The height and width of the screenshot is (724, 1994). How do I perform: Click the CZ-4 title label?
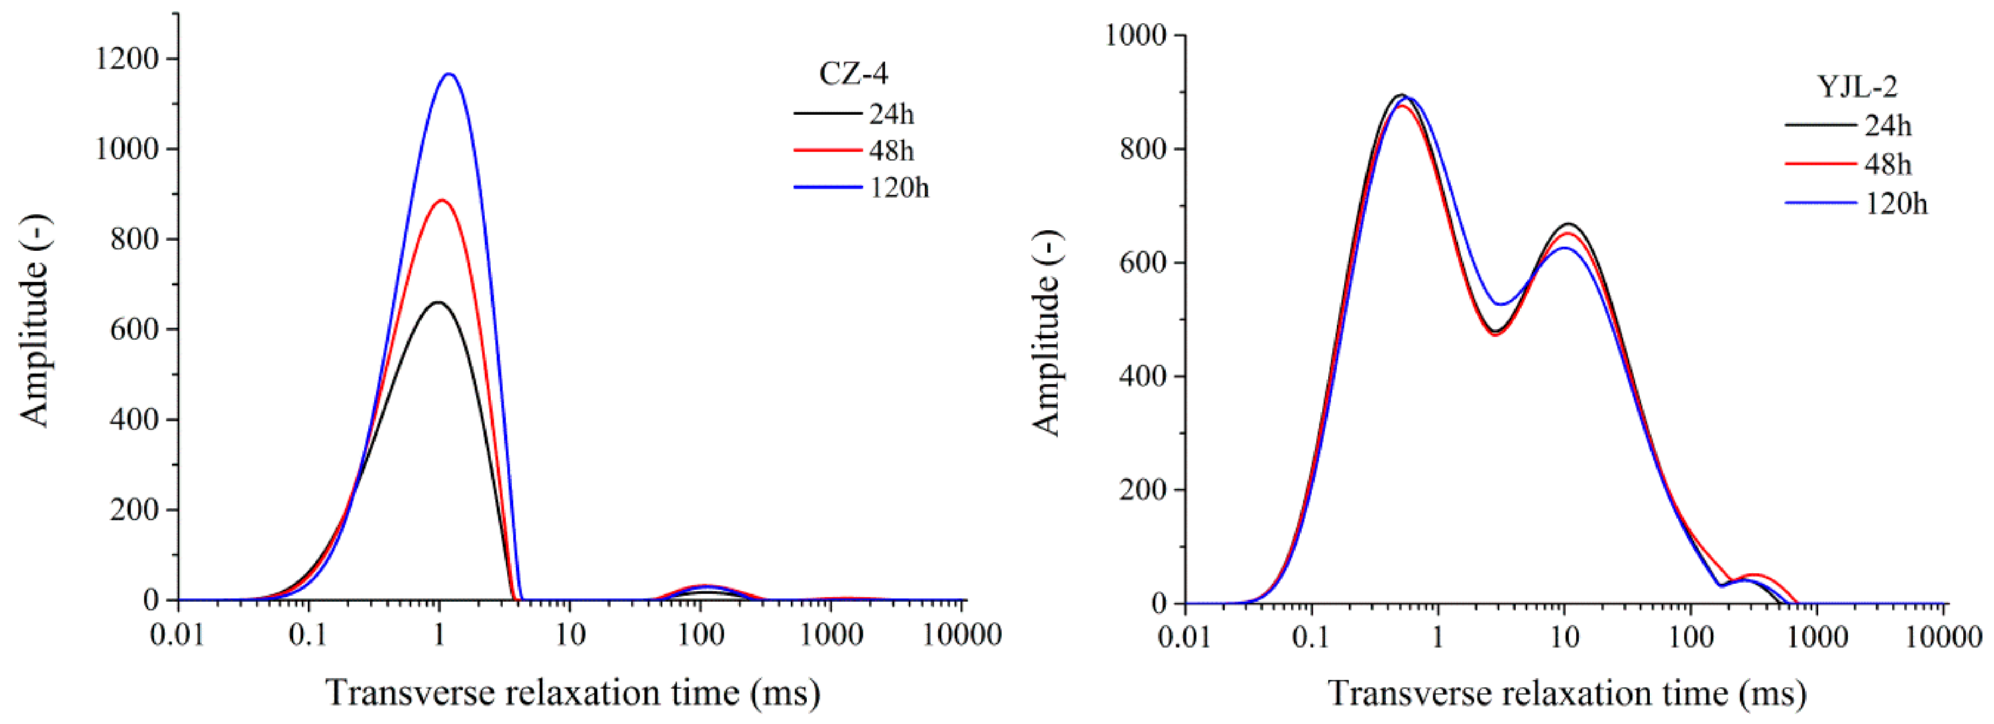click(x=853, y=74)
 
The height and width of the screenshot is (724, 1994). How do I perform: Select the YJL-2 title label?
click(x=1856, y=87)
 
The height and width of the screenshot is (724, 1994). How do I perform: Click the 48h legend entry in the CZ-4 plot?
click(x=890, y=151)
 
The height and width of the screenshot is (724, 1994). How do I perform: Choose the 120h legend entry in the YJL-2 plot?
click(x=1895, y=204)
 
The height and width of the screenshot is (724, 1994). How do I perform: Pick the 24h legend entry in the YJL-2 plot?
click(x=1887, y=125)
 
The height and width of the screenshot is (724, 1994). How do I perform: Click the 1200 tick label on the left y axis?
click(x=126, y=59)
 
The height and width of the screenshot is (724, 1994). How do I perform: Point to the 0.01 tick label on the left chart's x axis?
click(x=177, y=636)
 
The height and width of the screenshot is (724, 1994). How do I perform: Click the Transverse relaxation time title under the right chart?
click(x=1566, y=693)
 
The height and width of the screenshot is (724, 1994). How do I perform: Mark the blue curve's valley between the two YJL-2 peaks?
click(x=1501, y=305)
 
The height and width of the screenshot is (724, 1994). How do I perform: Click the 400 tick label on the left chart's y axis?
click(x=134, y=419)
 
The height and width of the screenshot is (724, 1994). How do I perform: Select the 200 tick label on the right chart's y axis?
click(x=1142, y=490)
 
